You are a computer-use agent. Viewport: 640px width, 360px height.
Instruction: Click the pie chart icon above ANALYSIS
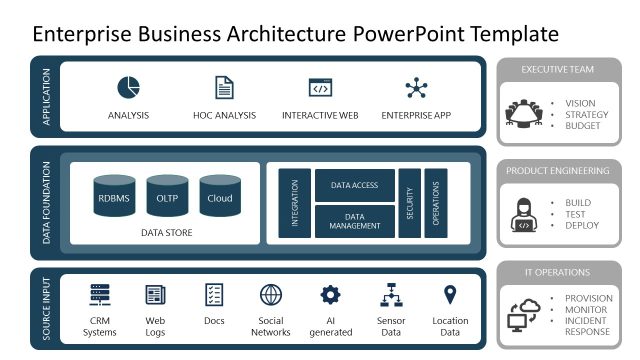(128, 88)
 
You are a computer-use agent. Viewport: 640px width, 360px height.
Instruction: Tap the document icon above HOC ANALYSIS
(225, 88)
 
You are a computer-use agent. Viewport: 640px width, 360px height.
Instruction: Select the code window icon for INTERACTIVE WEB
(320, 88)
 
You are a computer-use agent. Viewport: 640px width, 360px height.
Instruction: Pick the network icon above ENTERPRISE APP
(416, 88)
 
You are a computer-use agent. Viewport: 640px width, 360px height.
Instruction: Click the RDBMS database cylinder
(114, 197)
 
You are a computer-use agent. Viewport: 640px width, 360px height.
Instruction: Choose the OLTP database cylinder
(167, 197)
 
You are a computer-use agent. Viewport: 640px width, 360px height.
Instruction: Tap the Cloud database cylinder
(220, 197)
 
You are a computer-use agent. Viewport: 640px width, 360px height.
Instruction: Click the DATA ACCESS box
(354, 185)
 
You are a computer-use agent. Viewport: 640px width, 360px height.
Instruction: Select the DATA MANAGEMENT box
(354, 221)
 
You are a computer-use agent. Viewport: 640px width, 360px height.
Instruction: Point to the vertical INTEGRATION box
(295, 203)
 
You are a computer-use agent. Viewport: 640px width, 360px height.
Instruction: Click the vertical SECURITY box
(409, 203)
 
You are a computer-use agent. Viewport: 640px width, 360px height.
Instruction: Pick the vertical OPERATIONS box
(435, 203)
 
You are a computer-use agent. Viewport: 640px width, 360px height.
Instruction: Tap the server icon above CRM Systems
(100, 295)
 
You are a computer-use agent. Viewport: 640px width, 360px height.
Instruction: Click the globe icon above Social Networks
(270, 295)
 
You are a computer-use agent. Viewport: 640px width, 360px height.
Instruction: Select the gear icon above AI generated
(330, 295)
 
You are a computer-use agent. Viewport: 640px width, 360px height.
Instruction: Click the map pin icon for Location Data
(450, 294)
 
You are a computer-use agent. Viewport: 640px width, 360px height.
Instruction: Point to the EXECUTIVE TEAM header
(557, 69)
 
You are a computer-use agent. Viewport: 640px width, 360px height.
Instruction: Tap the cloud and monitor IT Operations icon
(524, 315)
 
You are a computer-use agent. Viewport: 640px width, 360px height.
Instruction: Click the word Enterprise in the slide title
(84, 33)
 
